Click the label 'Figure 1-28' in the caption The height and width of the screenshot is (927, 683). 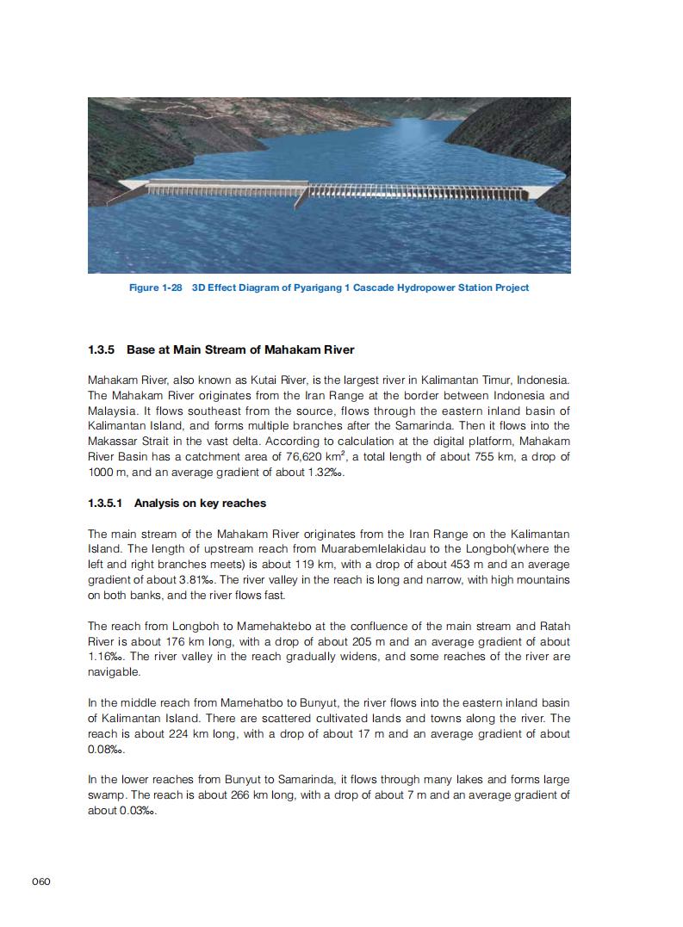155,287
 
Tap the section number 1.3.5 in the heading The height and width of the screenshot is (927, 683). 102,349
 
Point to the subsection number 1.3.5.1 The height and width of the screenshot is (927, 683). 106,503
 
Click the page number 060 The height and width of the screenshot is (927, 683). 41,881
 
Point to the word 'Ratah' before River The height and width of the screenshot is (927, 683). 553,627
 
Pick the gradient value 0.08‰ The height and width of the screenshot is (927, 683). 107,750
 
